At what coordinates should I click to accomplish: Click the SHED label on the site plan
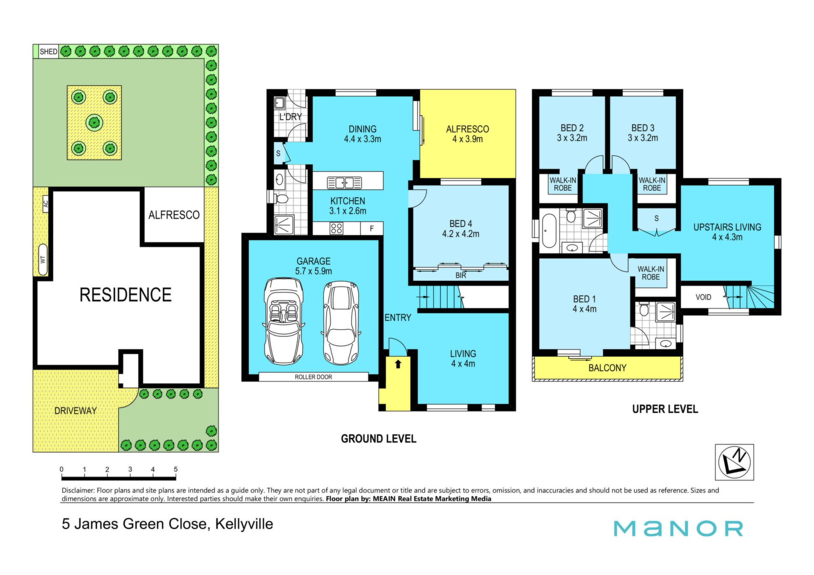point(48,52)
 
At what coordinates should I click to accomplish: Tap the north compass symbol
point(734,462)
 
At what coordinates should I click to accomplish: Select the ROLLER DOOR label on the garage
point(313,377)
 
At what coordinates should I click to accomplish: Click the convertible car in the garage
point(284,321)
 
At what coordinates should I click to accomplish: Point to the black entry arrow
point(398,364)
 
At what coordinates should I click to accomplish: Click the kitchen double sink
point(345,183)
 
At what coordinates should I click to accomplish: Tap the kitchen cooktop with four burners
point(337,228)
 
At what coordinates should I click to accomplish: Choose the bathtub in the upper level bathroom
point(549,231)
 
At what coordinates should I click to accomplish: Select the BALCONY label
point(607,368)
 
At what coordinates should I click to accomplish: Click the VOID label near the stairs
point(703,297)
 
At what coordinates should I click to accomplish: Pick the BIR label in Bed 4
point(461,275)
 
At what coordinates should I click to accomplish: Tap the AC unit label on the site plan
point(46,203)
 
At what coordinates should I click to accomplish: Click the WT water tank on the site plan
point(43,259)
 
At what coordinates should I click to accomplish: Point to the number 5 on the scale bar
point(176,469)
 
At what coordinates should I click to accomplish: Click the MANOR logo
point(678,528)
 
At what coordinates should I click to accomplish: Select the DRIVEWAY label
point(75,411)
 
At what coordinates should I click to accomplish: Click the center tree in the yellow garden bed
point(94,123)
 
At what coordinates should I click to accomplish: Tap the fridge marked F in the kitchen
point(372,228)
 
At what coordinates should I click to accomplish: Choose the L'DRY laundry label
point(290,117)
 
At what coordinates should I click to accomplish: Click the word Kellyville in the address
point(244,524)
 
